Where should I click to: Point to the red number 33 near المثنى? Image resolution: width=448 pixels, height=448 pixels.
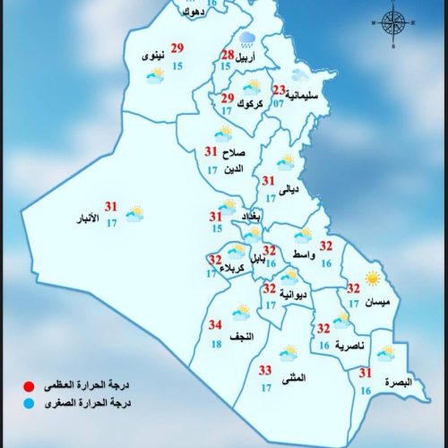[265, 370]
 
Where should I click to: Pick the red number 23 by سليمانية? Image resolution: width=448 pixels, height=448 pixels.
[280, 90]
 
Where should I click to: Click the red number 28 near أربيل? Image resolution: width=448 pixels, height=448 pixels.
[228, 56]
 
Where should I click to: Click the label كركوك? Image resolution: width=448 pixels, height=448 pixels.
[253, 105]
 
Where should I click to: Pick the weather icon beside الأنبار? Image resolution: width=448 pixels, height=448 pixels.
[136, 213]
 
